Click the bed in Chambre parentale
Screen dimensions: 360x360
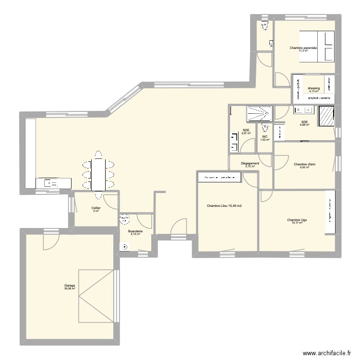pyautogui.click(x=317, y=47)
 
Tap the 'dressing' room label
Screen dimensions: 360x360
pyautogui.click(x=314, y=88)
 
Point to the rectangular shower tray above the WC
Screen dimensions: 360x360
pyautogui.click(x=259, y=113)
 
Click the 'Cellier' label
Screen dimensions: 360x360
pyautogui.click(x=96, y=208)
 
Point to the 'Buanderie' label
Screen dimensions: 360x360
pyautogui.click(x=135, y=231)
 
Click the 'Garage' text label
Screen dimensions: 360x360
pyautogui.click(x=70, y=285)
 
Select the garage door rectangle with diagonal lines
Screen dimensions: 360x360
pyautogui.click(x=97, y=295)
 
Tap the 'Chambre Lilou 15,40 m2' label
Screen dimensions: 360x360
pyautogui.click(x=224, y=206)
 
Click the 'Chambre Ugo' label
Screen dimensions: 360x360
pyautogui.click(x=297, y=220)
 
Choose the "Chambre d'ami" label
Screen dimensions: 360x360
pyautogui.click(x=304, y=164)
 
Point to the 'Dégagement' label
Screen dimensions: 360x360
pyautogui.click(x=251, y=163)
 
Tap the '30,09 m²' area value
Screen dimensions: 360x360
pyautogui.click(x=70, y=288)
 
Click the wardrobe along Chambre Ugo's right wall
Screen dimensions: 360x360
pyautogui.click(x=330, y=213)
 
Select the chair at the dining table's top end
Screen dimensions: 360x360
pyautogui.click(x=98, y=154)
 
